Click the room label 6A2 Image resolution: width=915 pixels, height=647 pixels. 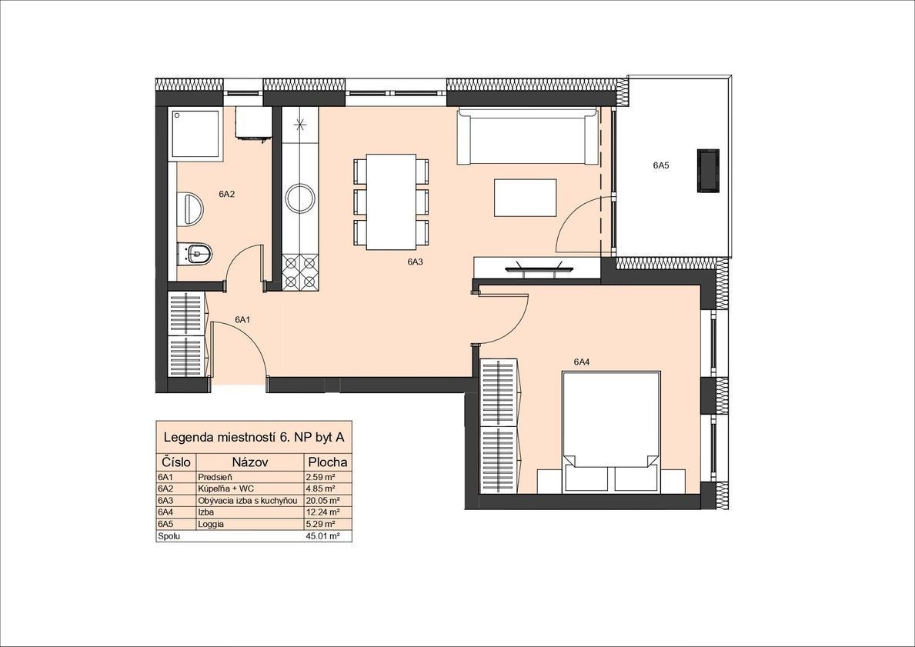[226, 195]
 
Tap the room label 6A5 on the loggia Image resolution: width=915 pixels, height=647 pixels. [660, 165]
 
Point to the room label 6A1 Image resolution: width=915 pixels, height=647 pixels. [242, 320]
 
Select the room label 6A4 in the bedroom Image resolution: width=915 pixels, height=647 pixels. [581, 362]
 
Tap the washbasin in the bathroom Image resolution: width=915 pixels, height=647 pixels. [192, 208]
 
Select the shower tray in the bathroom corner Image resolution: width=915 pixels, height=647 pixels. [196, 133]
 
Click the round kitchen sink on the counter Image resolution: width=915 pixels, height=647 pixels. [301, 198]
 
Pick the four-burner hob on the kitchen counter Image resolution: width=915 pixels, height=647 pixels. [301, 273]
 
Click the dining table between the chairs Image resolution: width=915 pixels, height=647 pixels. [391, 202]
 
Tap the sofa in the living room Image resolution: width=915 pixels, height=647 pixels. [527, 136]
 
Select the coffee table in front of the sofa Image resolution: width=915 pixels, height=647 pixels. [525, 198]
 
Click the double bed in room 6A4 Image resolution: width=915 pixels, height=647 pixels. [611, 431]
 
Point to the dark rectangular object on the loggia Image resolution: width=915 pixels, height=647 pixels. [708, 170]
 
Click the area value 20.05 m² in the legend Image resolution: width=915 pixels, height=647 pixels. [322, 501]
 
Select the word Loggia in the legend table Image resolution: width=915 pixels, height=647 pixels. [211, 524]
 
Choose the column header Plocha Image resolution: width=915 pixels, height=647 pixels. [328, 462]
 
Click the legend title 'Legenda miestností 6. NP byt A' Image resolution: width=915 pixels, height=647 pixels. [254, 437]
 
